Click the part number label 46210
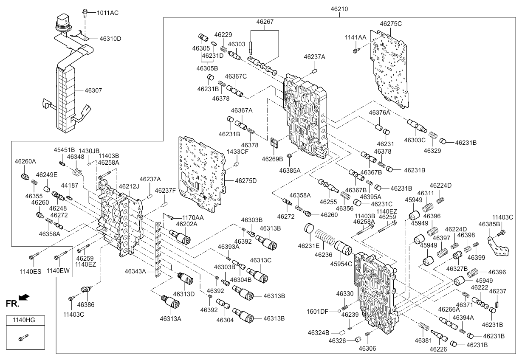(x=339, y=9)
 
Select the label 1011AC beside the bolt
(x=107, y=13)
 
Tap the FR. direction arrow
(x=24, y=297)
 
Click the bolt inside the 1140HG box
(x=23, y=337)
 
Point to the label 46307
(x=93, y=90)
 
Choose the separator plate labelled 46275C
(x=389, y=69)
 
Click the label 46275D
(x=245, y=181)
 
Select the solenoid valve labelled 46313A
(x=170, y=301)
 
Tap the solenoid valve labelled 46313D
(x=185, y=278)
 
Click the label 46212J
(x=129, y=186)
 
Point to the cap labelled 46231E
(x=309, y=228)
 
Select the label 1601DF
(x=317, y=311)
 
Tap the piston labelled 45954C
(x=343, y=249)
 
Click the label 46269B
(x=272, y=159)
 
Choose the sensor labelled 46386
(x=85, y=290)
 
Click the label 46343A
(x=135, y=271)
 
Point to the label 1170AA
(x=193, y=218)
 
